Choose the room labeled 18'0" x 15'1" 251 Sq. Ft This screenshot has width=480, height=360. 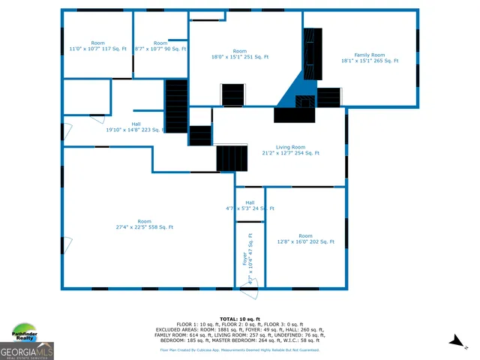240,54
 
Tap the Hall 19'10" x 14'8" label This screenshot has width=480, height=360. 136,127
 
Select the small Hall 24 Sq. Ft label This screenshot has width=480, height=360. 250,205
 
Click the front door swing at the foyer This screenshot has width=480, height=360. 252,283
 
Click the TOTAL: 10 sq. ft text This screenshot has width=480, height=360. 239,319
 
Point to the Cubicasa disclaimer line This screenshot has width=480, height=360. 239,349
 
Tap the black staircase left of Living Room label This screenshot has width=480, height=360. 232,158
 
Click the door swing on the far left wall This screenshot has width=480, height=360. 67,131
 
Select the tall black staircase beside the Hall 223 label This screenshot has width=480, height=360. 176,106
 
